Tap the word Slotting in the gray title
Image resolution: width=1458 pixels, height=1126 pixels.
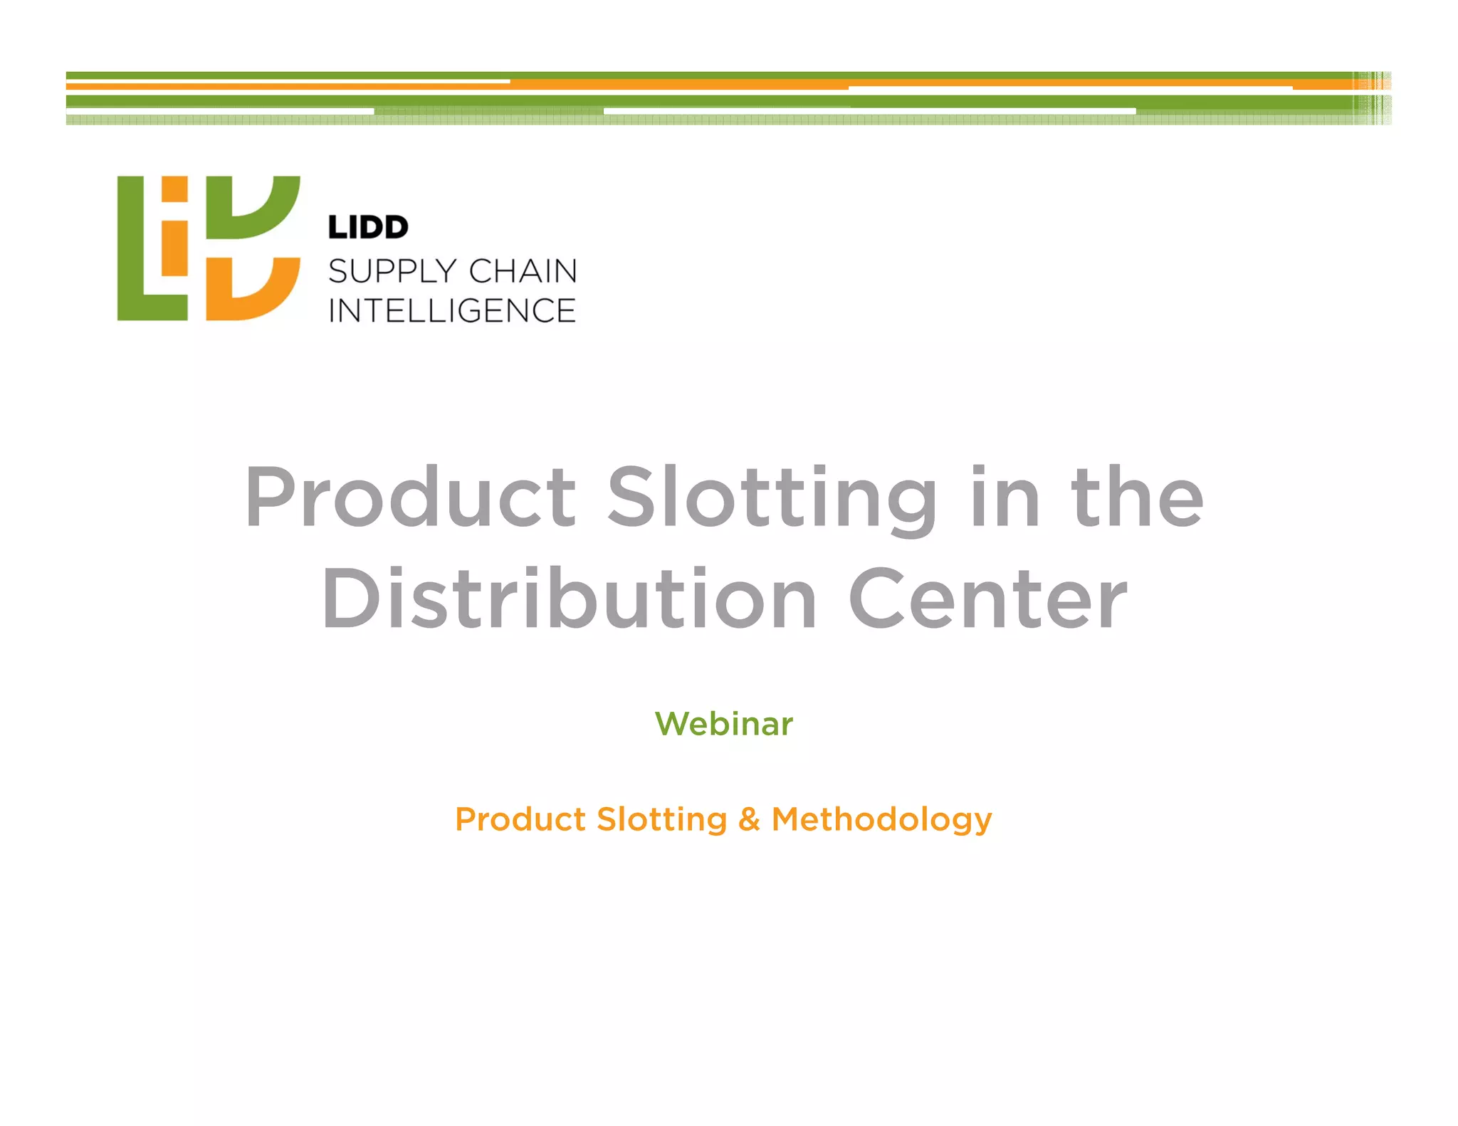click(x=772, y=498)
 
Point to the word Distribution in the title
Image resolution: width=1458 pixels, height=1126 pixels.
click(x=569, y=599)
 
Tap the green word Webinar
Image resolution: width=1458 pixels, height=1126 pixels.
click(x=723, y=724)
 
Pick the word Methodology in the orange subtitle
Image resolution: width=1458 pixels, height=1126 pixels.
click(x=881, y=819)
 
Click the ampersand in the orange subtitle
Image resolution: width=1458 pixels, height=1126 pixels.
click(x=749, y=819)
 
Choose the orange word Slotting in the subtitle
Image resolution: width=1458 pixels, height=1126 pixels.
click(x=661, y=819)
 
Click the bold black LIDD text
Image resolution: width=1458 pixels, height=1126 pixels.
click(x=368, y=228)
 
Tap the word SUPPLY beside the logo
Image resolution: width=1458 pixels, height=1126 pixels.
click(x=392, y=271)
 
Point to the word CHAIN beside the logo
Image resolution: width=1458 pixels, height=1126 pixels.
click(x=523, y=271)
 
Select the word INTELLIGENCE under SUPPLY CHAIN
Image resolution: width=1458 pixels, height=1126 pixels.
click(x=452, y=311)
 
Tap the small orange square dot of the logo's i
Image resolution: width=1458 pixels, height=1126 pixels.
click(x=174, y=189)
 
